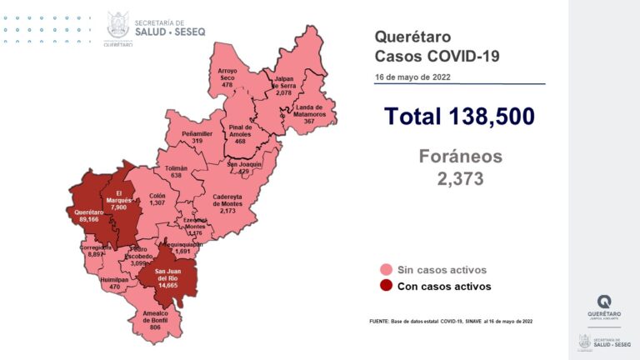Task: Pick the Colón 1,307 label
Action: (x=157, y=198)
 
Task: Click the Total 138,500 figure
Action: (x=458, y=117)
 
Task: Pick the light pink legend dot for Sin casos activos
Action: (x=386, y=270)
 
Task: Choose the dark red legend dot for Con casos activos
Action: (x=386, y=286)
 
